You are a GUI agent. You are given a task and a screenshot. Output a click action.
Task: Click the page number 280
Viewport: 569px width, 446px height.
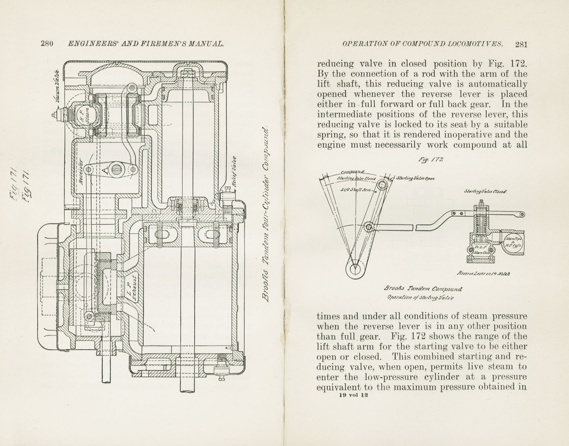pyautogui.click(x=47, y=44)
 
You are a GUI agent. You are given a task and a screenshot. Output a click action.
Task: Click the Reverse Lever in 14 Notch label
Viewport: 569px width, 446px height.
pyautogui.click(x=483, y=273)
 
